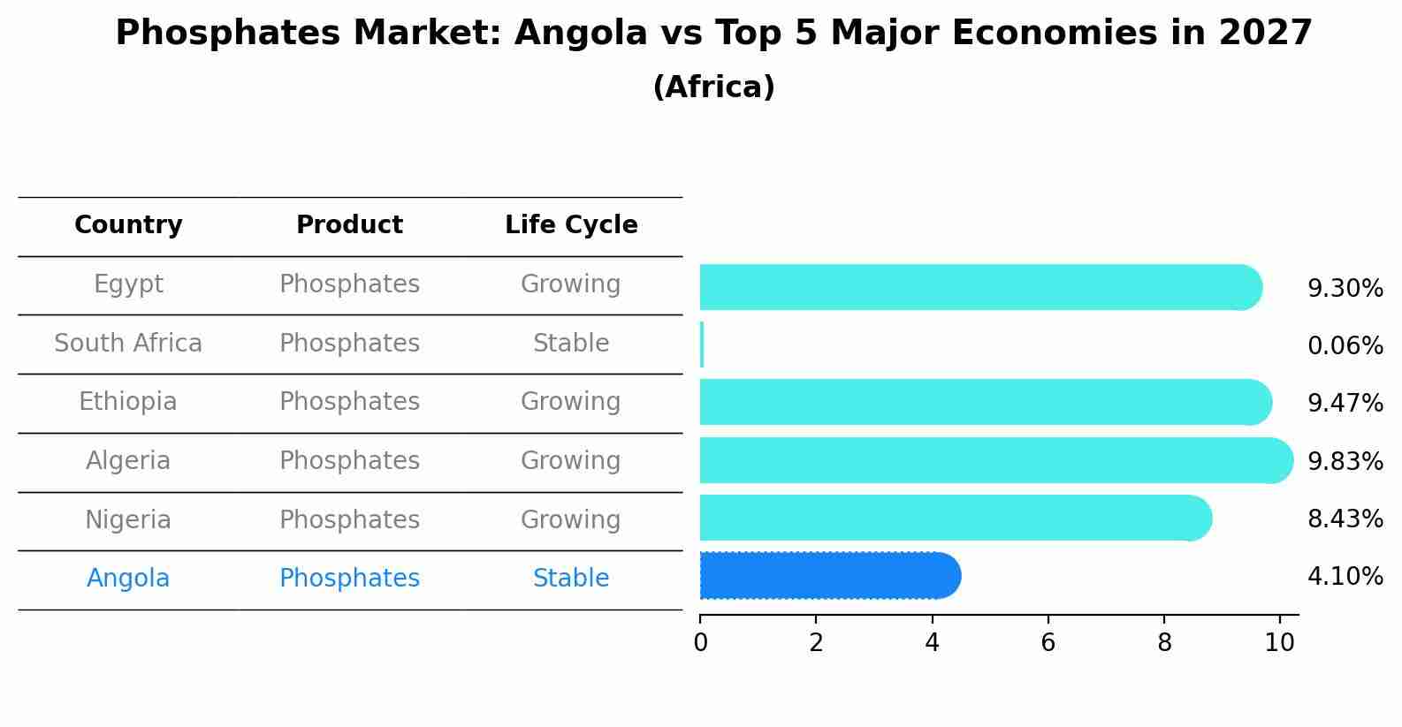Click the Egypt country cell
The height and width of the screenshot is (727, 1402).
pyautogui.click(x=128, y=284)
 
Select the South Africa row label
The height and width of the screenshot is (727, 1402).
pyautogui.click(x=128, y=344)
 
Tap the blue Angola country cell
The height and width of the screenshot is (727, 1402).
pyautogui.click(x=128, y=579)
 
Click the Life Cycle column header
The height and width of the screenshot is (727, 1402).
pyautogui.click(x=571, y=225)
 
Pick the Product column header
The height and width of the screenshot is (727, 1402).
pyautogui.click(x=349, y=225)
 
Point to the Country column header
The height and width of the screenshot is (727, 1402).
pyautogui.click(x=128, y=225)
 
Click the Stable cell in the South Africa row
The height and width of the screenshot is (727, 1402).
pyautogui.click(x=571, y=344)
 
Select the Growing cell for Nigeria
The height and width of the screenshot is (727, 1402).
pyautogui.click(x=570, y=520)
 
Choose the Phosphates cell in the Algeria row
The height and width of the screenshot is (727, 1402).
pyautogui.click(x=349, y=461)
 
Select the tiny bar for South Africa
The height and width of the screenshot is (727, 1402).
pyautogui.click(x=702, y=345)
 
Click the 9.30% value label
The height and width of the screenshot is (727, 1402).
pyautogui.click(x=1345, y=289)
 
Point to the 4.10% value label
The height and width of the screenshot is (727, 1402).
pyautogui.click(x=1345, y=577)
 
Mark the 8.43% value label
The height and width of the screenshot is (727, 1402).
pyautogui.click(x=1345, y=519)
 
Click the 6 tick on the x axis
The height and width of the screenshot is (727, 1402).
pyautogui.click(x=1048, y=643)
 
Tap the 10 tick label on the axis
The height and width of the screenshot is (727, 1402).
pyautogui.click(x=1279, y=643)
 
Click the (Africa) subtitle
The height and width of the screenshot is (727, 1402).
pyautogui.click(x=713, y=87)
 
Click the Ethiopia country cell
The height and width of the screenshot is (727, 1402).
pyautogui.click(x=128, y=402)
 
